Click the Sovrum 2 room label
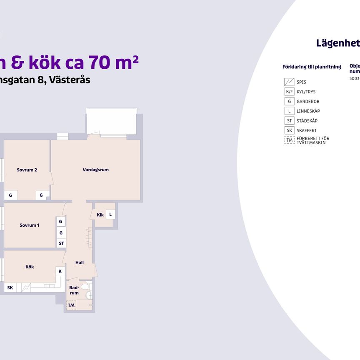coord(27,170)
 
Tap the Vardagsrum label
coord(95,170)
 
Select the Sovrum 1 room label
coord(29,225)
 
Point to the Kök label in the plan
coord(30,267)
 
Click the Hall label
coord(80,262)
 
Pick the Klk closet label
coord(100,215)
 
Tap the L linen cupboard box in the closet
coord(110,215)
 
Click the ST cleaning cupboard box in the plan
coord(61,243)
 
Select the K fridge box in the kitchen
coord(60,271)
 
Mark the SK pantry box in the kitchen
coord(10,287)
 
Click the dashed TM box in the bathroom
coord(71,305)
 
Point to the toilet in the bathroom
coord(85,287)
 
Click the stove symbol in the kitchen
coord(26,287)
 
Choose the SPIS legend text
coord(301,82)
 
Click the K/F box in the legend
coord(289,92)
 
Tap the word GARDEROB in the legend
coord(308,101)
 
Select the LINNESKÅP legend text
coord(308,111)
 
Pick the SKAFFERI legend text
coord(307,130)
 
